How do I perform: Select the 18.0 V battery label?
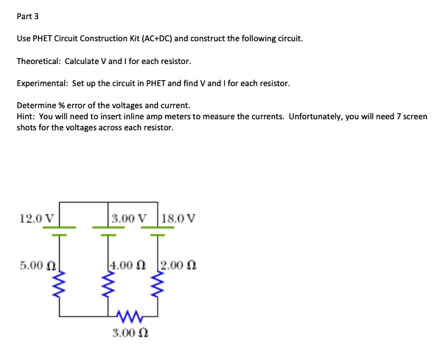click(x=178, y=219)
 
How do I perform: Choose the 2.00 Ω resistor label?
click(x=178, y=264)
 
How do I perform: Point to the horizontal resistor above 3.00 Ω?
click(x=133, y=317)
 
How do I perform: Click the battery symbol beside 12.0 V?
click(x=60, y=230)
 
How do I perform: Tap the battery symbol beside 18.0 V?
click(x=156, y=230)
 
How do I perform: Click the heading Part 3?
click(x=28, y=16)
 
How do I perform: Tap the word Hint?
click(x=26, y=116)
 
